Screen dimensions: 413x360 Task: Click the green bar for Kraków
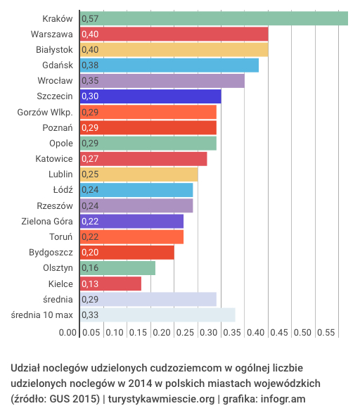point(214,18)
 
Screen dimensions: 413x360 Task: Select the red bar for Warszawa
point(174,34)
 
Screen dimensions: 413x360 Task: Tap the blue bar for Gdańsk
point(169,65)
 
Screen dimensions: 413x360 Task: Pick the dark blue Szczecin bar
point(150,96)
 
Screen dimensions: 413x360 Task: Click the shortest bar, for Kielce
point(110,284)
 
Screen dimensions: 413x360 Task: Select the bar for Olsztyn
point(117,268)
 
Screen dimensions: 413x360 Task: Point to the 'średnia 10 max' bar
point(157,314)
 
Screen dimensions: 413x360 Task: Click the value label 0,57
point(89,18)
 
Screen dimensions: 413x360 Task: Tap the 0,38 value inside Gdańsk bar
point(89,65)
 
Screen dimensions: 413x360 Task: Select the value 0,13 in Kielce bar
point(89,284)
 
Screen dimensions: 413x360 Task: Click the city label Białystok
point(54,49)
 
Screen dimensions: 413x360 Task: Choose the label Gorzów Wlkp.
point(45,112)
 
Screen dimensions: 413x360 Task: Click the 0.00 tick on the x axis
point(67,333)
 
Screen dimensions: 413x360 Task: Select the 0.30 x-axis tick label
point(208,333)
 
